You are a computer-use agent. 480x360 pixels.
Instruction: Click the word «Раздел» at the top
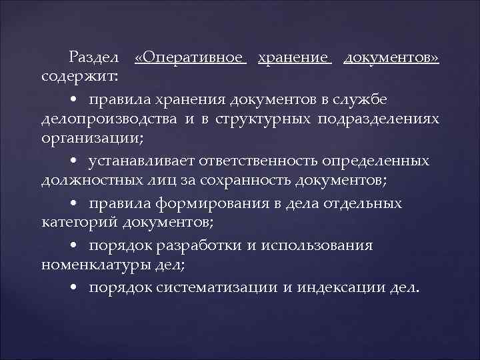[93, 58]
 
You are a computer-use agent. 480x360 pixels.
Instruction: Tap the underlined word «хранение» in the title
[294, 58]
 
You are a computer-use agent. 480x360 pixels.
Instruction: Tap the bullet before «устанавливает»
[75, 163]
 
